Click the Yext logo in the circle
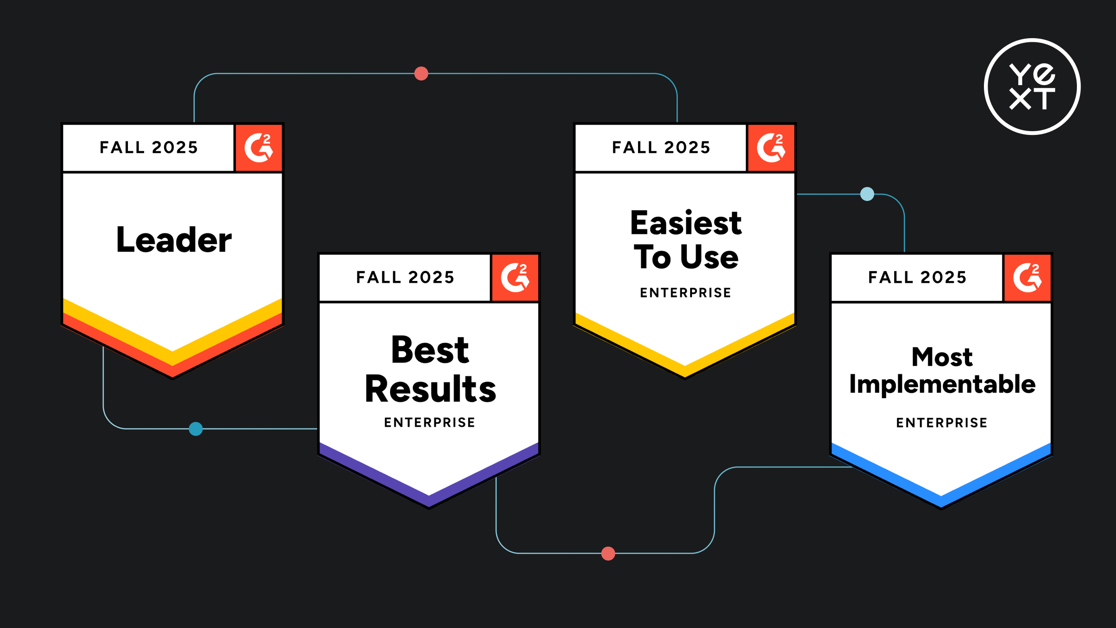point(1032,87)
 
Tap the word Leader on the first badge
point(173,240)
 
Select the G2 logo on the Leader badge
point(259,148)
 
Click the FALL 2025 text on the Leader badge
point(149,147)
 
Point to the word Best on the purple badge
point(430,350)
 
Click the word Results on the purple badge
point(430,389)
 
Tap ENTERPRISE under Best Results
point(430,422)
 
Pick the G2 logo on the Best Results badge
point(515,278)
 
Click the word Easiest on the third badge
point(686,223)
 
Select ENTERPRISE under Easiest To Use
point(685,293)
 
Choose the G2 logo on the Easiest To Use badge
point(771,148)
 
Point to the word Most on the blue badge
point(942,357)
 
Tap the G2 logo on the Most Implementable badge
point(1027,278)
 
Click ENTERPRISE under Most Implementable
point(942,422)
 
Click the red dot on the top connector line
point(421,73)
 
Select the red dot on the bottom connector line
point(608,554)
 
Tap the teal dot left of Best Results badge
point(196,429)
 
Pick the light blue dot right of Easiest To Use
point(867,194)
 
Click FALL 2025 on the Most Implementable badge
point(917,277)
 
